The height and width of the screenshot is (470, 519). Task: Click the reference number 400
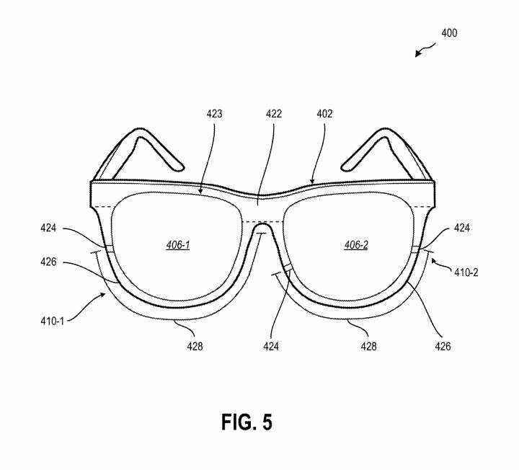click(x=449, y=33)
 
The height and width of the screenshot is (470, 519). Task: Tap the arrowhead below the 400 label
click(x=418, y=53)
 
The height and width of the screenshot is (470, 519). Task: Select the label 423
click(x=214, y=114)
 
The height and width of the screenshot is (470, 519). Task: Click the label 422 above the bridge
click(x=274, y=114)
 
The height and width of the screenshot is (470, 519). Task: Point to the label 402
click(x=324, y=114)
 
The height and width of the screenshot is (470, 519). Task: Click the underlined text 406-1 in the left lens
click(x=178, y=245)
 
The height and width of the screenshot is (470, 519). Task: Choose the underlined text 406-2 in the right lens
click(x=356, y=245)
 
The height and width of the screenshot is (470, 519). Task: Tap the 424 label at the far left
click(x=48, y=228)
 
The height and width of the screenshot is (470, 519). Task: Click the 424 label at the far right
click(x=462, y=228)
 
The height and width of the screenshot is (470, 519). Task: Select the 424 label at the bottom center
click(x=271, y=346)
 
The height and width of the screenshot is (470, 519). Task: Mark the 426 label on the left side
click(x=48, y=262)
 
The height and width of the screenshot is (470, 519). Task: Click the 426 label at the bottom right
click(x=443, y=346)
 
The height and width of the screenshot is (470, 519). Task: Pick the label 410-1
click(x=53, y=321)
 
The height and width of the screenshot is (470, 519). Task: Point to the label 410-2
click(x=466, y=272)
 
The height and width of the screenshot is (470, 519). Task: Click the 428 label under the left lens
click(x=195, y=346)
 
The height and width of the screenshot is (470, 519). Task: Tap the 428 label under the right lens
click(x=369, y=346)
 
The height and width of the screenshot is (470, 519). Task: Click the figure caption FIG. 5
click(x=247, y=422)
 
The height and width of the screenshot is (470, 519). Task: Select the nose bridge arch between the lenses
click(x=262, y=224)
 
